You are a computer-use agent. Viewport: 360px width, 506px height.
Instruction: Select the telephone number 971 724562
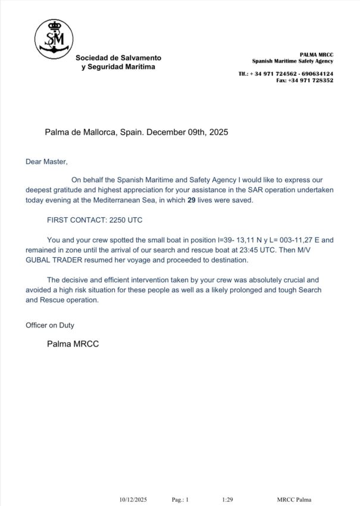pyautogui.click(x=283, y=74)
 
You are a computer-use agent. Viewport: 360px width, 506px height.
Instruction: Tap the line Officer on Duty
pyautogui.click(x=49, y=325)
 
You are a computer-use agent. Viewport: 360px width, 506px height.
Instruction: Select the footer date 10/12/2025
pyautogui.click(x=133, y=499)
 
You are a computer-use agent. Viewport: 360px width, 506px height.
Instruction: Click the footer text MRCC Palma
pyautogui.click(x=294, y=499)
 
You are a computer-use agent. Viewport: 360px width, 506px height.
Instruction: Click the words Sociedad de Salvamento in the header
pyautogui.click(x=118, y=58)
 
